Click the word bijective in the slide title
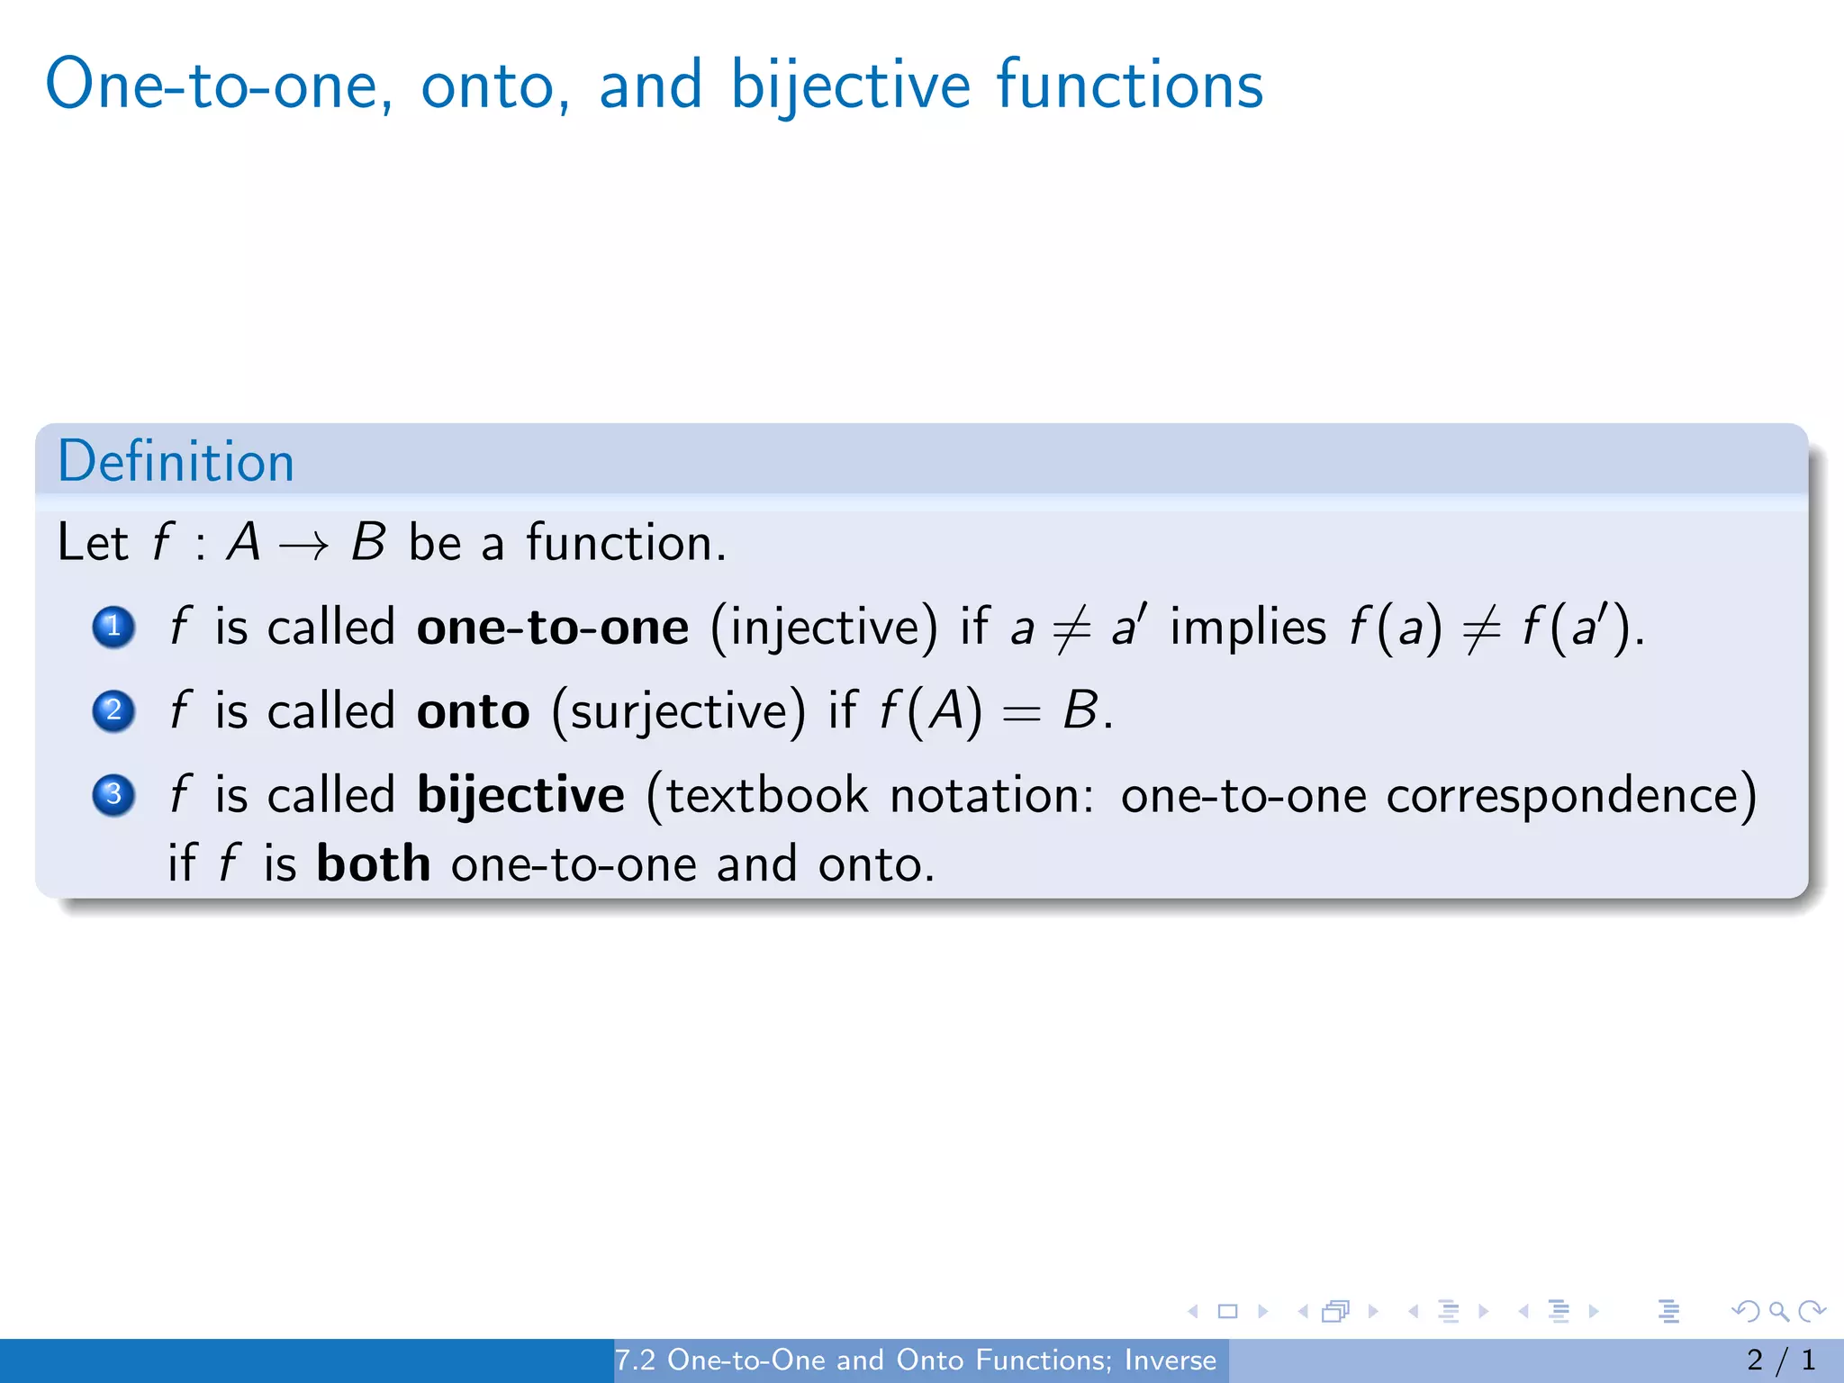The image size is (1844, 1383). pyautogui.click(x=849, y=86)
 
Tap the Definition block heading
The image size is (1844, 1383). pyautogui.click(x=176, y=462)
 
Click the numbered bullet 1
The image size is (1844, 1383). pyautogui.click(x=113, y=627)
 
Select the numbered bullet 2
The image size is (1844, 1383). pyautogui.click(x=113, y=711)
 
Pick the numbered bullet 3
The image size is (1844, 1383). pyautogui.click(x=113, y=795)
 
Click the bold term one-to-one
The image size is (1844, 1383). pyautogui.click(x=552, y=628)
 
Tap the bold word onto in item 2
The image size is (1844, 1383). pyautogui.click(x=473, y=712)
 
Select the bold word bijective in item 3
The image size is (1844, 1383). pyautogui.click(x=520, y=796)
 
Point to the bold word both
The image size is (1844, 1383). pyautogui.click(x=373, y=864)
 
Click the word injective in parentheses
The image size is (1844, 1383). pyautogui.click(x=824, y=628)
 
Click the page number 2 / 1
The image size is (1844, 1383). pyautogui.click(x=1780, y=1360)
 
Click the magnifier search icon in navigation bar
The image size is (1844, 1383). pyautogui.click(x=1778, y=1311)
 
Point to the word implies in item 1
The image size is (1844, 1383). pyautogui.click(x=1247, y=628)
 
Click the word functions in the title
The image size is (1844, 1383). pyautogui.click(x=1129, y=86)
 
